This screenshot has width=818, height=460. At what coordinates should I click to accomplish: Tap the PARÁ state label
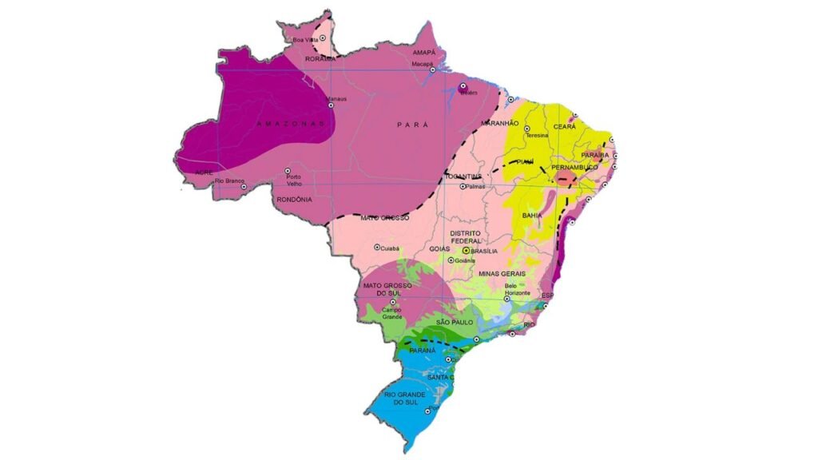414,125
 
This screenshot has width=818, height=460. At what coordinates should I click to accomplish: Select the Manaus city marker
331,104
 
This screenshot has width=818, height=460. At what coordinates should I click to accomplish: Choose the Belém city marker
463,85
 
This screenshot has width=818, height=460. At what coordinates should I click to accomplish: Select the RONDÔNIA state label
293,200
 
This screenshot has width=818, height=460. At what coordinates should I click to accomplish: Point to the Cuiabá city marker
377,248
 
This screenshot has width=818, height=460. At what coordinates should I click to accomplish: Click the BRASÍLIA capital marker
467,250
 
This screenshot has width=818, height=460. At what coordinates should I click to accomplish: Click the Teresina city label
536,136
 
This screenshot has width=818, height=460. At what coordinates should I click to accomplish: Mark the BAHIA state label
532,216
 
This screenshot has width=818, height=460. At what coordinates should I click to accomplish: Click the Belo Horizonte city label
516,289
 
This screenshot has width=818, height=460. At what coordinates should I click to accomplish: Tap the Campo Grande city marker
393,302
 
